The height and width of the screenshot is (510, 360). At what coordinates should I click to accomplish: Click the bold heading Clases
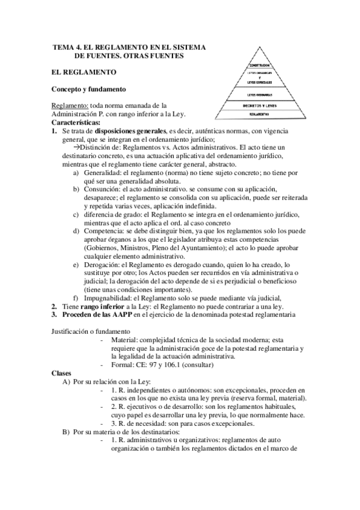click(62, 373)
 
